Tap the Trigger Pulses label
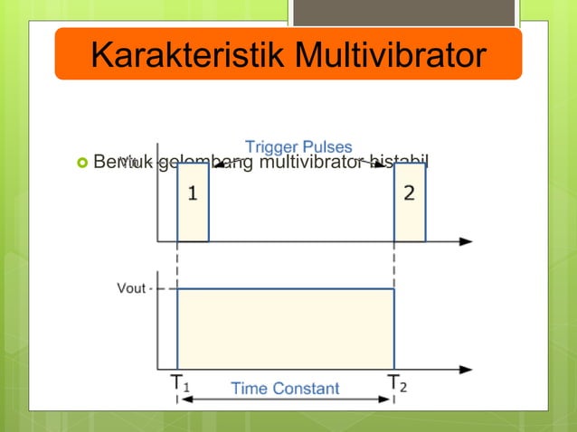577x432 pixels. (x=298, y=147)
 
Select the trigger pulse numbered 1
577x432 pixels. (x=193, y=202)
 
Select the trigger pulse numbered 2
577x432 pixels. (x=409, y=202)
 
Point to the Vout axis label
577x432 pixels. (x=132, y=289)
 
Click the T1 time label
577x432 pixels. (x=180, y=383)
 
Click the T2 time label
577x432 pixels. (x=397, y=383)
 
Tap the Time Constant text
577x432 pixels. (x=285, y=389)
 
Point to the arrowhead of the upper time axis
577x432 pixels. (x=466, y=241)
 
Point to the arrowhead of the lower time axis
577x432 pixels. (x=466, y=369)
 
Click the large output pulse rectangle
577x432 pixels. (x=285, y=328)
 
